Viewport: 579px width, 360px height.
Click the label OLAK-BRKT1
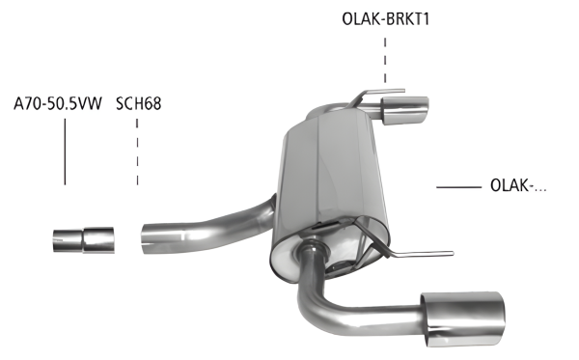(385, 17)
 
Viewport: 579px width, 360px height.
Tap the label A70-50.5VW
(59, 101)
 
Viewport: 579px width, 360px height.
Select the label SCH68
(138, 101)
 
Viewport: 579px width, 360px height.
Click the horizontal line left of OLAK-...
(458, 186)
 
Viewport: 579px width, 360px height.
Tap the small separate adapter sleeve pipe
(83, 239)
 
